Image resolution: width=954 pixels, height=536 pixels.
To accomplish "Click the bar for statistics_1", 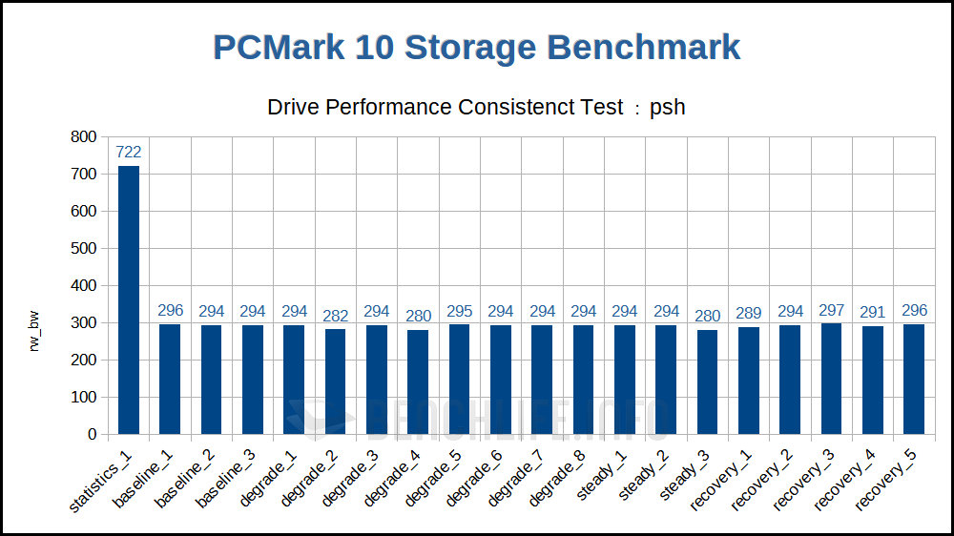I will click(x=129, y=299).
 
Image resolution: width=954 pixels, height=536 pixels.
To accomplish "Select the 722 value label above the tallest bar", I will click(x=129, y=152).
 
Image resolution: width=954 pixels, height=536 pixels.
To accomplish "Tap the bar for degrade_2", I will click(x=336, y=381).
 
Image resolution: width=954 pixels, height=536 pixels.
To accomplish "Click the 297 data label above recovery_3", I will click(x=832, y=311).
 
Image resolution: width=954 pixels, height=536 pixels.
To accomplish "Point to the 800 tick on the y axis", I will click(x=84, y=137).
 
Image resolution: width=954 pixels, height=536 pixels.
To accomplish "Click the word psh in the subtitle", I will click(x=668, y=107).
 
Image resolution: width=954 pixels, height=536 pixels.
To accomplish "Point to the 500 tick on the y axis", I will click(x=84, y=249).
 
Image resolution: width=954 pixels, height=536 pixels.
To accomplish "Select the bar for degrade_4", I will click(x=418, y=381).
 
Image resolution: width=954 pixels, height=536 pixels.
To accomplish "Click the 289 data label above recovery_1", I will click(x=749, y=314).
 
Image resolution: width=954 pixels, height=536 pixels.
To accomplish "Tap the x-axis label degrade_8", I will click(x=559, y=484).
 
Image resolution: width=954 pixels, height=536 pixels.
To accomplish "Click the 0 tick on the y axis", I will click(x=92, y=434).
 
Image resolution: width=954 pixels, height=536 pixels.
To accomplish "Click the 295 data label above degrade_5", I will click(x=460, y=311).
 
